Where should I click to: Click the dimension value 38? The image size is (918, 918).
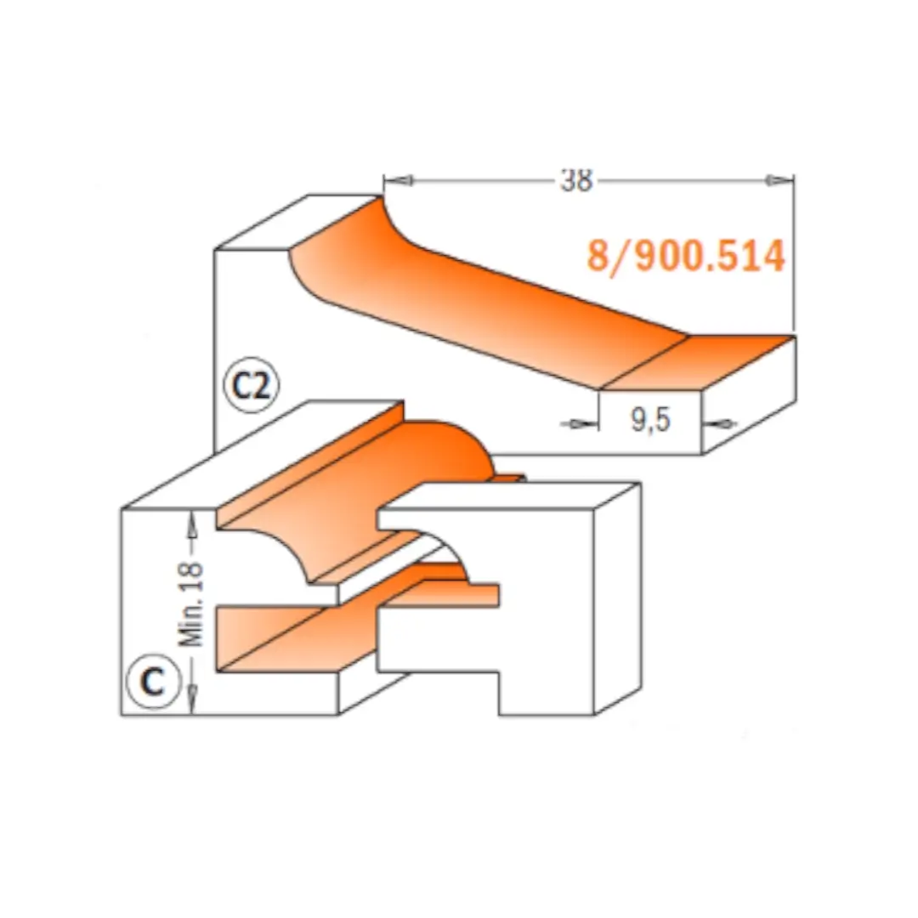point(576,180)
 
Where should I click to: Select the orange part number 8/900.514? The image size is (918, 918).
point(686,256)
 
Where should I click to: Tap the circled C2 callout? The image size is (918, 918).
point(252,385)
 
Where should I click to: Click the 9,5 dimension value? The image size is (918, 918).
point(650,420)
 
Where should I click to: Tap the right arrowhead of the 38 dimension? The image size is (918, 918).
point(779,180)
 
